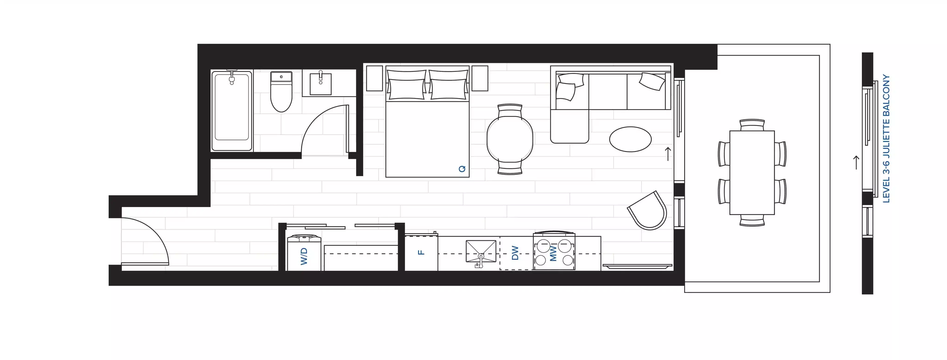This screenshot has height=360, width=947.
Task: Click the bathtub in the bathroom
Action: click(x=232, y=110)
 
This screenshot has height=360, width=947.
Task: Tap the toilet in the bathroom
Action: click(x=281, y=94)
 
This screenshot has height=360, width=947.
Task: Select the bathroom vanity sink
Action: click(x=321, y=84)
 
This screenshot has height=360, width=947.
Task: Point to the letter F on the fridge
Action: click(x=421, y=252)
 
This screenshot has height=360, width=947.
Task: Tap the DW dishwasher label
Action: click(x=515, y=253)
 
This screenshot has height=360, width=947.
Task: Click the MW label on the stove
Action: click(x=553, y=253)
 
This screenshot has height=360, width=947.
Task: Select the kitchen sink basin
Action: click(x=481, y=251)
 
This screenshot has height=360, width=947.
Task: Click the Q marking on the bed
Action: click(x=462, y=169)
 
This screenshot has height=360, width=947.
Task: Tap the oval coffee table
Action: click(x=630, y=139)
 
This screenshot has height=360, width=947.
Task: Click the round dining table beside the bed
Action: click(x=510, y=139)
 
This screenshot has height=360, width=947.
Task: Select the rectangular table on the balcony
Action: click(x=752, y=172)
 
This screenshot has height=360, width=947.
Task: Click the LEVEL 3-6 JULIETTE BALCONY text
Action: click(x=887, y=139)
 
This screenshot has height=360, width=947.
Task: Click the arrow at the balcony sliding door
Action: click(x=668, y=154)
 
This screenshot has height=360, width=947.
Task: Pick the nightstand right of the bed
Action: click(x=480, y=78)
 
